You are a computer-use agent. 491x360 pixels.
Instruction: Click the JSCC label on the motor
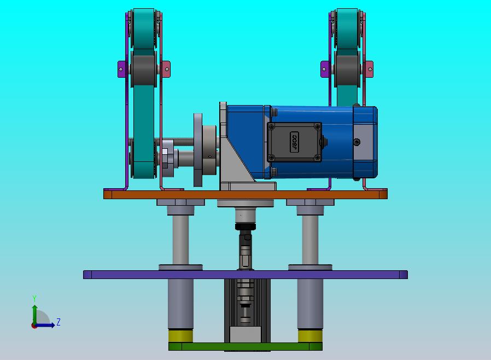click(294, 142)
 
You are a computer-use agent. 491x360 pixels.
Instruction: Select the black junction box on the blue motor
click(294, 142)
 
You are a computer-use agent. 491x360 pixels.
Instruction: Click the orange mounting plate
click(245, 194)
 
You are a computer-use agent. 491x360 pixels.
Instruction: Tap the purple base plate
click(245, 275)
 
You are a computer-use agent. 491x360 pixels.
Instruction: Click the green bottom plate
click(245, 346)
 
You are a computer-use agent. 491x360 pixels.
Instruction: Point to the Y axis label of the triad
click(34, 298)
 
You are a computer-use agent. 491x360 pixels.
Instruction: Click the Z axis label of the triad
click(59, 322)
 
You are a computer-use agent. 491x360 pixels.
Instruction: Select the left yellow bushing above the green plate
click(180, 336)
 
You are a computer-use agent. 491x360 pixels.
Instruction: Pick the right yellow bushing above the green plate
click(310, 336)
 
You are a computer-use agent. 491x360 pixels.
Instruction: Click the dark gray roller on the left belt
click(144, 68)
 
